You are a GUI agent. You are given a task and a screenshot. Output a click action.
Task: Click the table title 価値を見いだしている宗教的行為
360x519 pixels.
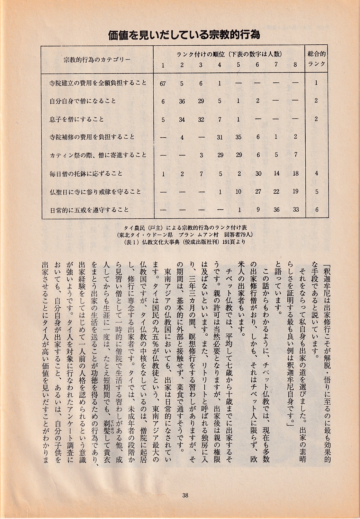coord(184,35)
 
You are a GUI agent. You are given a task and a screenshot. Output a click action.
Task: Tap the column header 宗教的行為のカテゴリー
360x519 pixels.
coord(97,59)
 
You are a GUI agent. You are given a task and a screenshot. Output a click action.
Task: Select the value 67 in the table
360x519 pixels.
coord(163,83)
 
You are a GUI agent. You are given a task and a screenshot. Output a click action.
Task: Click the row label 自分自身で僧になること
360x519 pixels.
coord(83,101)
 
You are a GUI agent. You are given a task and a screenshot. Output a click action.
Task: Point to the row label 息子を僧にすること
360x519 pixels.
coord(76,119)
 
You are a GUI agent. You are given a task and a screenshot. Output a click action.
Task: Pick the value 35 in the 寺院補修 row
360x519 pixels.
coord(239,137)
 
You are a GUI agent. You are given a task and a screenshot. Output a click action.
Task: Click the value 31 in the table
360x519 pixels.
coord(220,137)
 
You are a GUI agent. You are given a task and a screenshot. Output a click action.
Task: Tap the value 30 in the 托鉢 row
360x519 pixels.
coord(258,174)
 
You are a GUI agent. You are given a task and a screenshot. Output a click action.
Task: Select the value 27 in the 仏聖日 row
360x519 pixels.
coord(258,192)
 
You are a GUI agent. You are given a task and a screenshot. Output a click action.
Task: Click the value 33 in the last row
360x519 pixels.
coord(295,210)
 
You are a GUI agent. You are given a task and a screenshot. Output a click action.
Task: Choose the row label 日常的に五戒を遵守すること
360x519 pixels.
coord(89,210)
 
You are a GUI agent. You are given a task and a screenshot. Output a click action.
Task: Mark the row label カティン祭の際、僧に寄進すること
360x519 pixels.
coord(98,155)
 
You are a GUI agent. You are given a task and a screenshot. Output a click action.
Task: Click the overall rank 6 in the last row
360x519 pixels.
coord(316,210)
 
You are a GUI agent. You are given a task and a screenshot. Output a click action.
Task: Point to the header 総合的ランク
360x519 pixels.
coord(316,59)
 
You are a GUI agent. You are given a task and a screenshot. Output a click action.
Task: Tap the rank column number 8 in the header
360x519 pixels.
coord(295,65)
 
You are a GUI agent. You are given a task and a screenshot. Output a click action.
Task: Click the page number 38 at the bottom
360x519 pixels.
coord(184,495)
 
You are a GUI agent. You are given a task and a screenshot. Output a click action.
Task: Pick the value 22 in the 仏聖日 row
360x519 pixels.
coord(277,192)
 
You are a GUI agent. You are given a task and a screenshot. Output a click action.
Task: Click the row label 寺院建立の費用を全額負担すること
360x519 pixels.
coord(98,83)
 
